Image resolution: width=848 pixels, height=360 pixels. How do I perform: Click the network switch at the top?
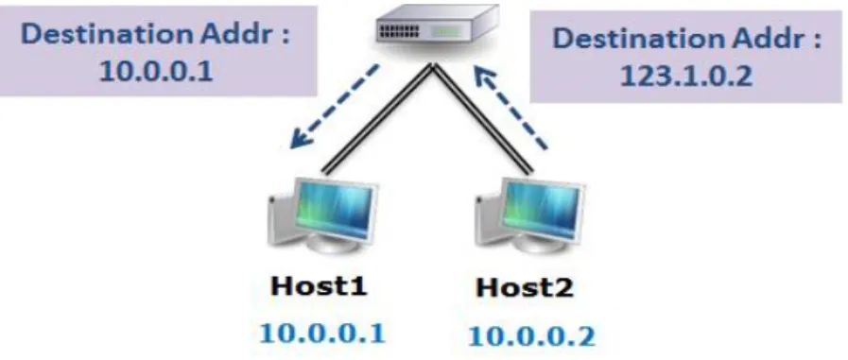(437, 28)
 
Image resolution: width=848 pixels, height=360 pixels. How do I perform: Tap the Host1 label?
(320, 285)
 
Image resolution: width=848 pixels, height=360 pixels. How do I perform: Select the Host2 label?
(525, 287)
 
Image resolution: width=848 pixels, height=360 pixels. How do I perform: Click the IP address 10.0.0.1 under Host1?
(322, 333)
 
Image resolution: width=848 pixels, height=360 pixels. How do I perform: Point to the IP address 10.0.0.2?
(531, 335)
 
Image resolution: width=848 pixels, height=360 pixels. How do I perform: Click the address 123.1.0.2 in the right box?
(685, 76)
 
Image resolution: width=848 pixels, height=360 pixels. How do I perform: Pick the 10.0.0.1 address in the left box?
(156, 70)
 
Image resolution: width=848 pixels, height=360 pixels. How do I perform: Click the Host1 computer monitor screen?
(335, 210)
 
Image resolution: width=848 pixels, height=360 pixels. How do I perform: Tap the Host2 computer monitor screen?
(543, 210)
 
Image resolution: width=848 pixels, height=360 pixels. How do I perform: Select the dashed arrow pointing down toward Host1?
(334, 107)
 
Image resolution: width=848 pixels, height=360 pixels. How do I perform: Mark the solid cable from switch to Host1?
(377, 119)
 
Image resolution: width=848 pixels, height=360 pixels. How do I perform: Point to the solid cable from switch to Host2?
(483, 119)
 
